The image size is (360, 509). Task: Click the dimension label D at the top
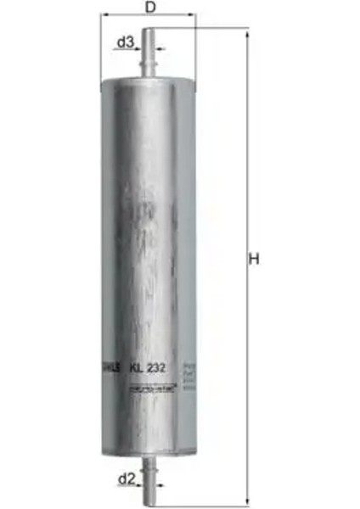point(149,8)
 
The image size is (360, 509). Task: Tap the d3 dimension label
point(125,42)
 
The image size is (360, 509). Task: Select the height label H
point(252,260)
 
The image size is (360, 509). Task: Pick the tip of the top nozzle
point(149,31)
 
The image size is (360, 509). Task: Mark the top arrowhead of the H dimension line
point(247,33)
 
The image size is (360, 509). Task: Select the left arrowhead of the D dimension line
point(104,15)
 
